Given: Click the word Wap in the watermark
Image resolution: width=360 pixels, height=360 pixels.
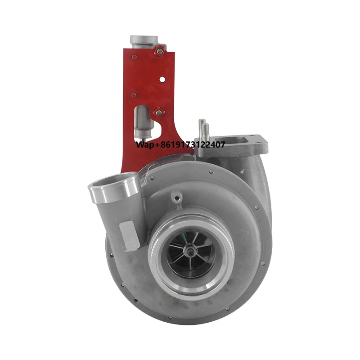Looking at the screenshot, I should tap(145, 144).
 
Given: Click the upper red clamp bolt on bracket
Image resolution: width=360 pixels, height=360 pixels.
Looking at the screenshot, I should tap(159, 51).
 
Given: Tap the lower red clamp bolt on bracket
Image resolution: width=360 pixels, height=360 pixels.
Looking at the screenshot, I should tap(158, 112).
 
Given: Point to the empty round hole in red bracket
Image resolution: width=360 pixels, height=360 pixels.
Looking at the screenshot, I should tap(162, 80).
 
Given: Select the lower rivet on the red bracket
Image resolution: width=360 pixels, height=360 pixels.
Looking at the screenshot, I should tap(134, 95).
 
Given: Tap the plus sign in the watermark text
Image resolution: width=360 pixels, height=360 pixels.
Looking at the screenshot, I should tap(156, 145).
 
